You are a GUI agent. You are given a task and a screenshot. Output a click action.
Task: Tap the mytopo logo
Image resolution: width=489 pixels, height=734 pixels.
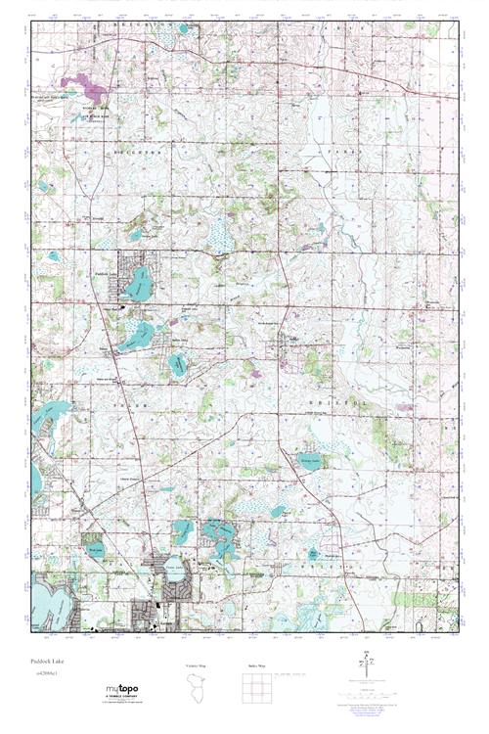click(122, 691)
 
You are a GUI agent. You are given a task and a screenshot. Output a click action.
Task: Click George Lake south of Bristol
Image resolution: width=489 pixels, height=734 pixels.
click(309, 460)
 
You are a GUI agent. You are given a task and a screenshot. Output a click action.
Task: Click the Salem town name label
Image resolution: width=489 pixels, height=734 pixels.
click(105, 345)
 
